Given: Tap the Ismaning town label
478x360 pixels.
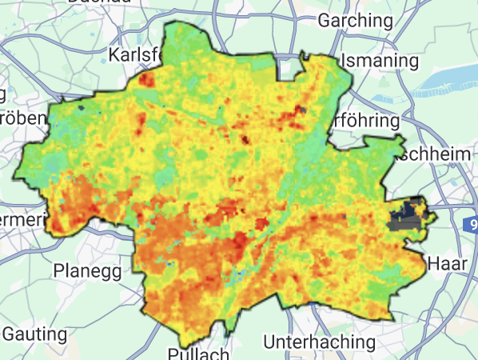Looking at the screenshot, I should tap(380, 61).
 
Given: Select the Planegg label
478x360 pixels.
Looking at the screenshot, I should tap(87, 270).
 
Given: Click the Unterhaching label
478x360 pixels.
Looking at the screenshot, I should tap(319, 342).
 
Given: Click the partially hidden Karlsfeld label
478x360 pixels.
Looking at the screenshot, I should tap(135, 56).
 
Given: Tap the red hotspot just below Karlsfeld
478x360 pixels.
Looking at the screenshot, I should tap(146, 79).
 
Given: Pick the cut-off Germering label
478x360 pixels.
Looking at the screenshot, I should tap(21, 218).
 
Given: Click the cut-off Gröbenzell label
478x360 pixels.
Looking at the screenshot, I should tap(21, 118).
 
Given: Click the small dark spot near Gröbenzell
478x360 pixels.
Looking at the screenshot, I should tap(82, 105).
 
